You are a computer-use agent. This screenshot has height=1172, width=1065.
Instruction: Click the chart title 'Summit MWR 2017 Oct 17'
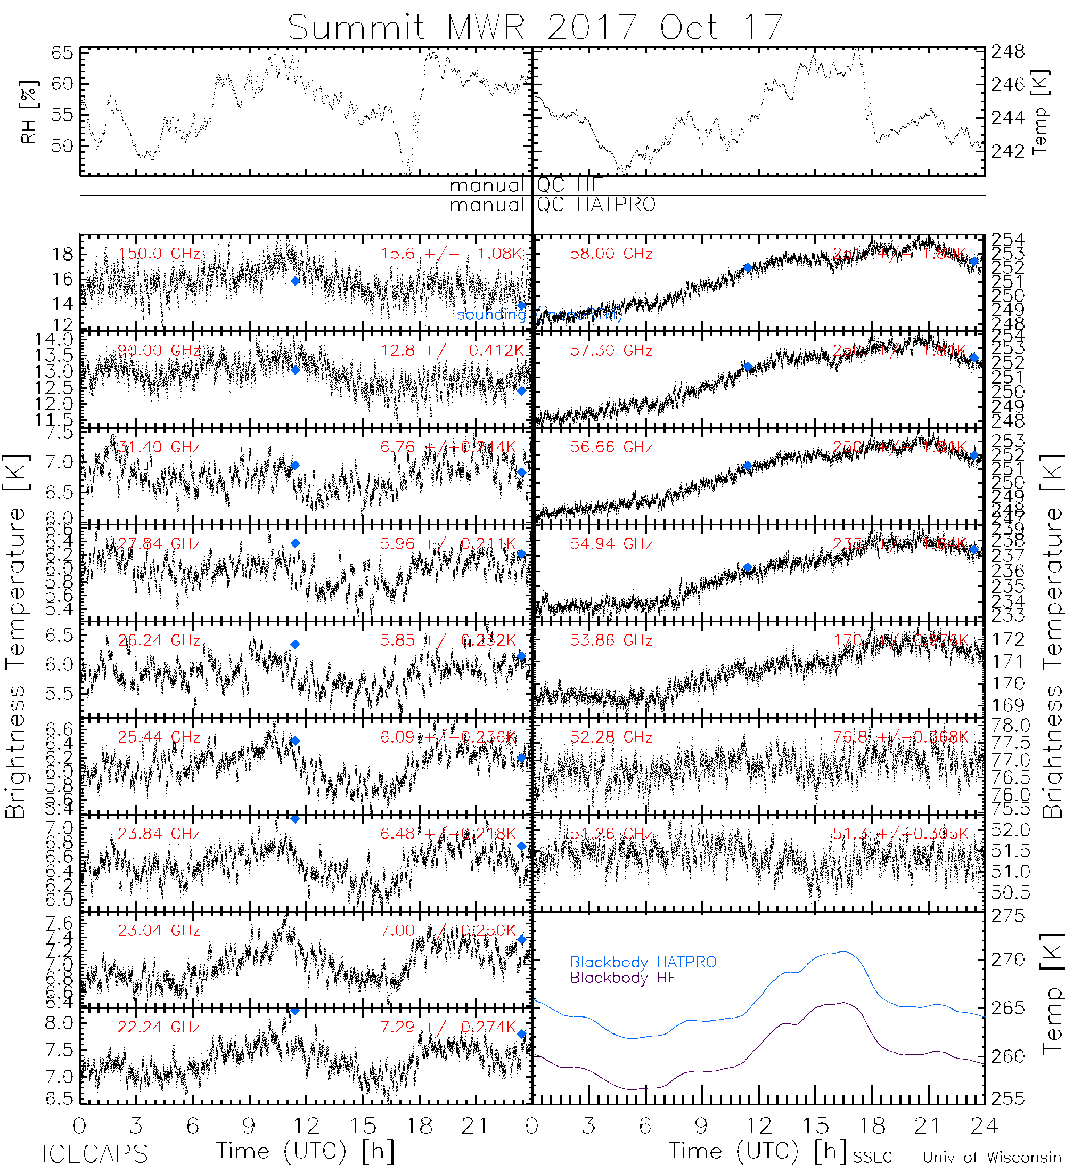point(535,27)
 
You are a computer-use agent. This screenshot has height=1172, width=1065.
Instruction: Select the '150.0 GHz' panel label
point(159,254)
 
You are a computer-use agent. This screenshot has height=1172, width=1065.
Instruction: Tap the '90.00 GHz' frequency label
point(159,351)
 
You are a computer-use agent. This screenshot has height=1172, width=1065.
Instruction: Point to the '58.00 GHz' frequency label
point(611,254)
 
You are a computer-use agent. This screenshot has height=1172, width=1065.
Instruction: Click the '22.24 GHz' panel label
point(159,1027)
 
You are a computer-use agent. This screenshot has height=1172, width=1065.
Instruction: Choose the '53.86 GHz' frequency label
point(611,641)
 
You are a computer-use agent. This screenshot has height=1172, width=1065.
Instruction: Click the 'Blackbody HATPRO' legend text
point(643,962)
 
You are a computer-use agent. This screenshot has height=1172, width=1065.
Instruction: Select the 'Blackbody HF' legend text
point(623,978)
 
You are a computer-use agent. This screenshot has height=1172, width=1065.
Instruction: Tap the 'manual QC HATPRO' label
point(552,205)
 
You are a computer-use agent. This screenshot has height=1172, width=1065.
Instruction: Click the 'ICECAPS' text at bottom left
point(95,1154)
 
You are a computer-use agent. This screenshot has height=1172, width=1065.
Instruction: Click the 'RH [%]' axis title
point(28,112)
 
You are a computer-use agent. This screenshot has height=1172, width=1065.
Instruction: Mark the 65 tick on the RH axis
point(62,53)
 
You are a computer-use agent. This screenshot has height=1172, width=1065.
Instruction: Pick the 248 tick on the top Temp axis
point(1008,52)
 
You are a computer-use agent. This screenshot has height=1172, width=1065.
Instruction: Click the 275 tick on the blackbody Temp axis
point(1008,916)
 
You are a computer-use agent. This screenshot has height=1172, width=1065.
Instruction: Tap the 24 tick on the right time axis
point(984,1126)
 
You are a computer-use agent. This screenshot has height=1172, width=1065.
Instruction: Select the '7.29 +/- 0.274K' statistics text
point(448,1027)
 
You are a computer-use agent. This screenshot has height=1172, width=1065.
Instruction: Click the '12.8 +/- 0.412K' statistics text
point(452,351)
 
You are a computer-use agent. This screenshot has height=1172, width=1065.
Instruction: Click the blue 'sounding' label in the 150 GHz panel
point(491,314)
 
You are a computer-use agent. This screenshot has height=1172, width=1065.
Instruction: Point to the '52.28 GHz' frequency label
point(611,737)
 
